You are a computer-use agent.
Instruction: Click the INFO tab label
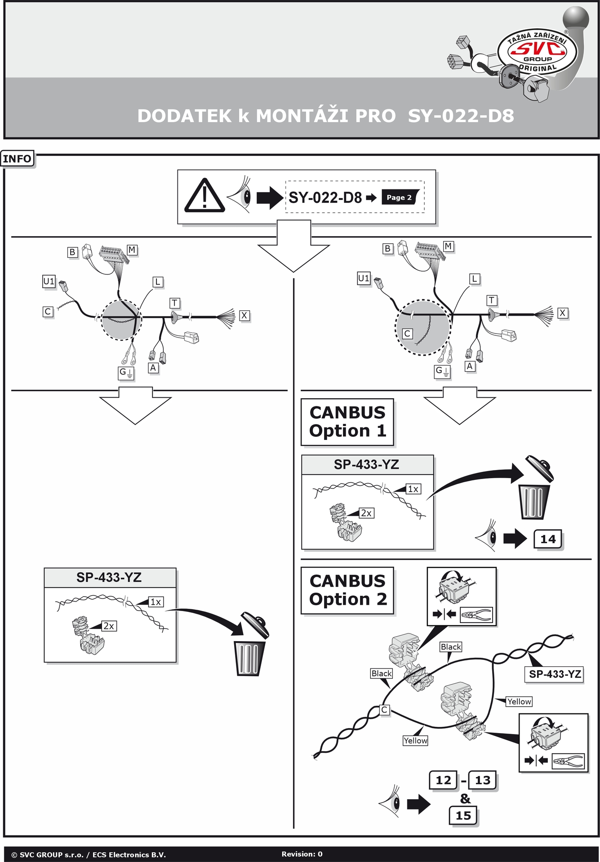coord(17,159)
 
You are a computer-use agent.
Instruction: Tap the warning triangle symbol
coord(204,197)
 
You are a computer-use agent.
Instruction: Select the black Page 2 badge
coord(399,197)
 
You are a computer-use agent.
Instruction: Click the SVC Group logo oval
coord(537,52)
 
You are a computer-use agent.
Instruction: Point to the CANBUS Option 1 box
coord(347,422)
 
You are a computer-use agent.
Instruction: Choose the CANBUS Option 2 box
coord(347,590)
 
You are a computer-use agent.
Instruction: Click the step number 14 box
coord(548,539)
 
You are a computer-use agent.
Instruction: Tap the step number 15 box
coord(463,815)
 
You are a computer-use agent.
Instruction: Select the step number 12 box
coord(443,780)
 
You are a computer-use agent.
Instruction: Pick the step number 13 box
coord(483,780)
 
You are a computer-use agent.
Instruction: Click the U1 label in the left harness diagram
coord(49,281)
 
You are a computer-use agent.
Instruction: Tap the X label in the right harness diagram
coord(562,313)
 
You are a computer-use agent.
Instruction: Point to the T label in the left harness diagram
coord(175,303)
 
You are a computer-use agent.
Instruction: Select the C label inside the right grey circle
coord(407,334)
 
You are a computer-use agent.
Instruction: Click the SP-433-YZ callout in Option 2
coord(555,674)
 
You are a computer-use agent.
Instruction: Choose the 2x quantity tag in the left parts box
coord(109,626)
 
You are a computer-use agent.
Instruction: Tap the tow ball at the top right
coord(576,19)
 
